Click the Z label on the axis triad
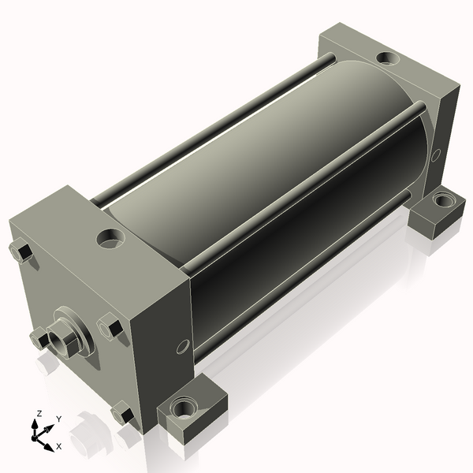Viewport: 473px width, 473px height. point(39,413)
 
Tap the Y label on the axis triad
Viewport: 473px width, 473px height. point(59,419)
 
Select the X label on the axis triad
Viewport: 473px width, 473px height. point(59,446)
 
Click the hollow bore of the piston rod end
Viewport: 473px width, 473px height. point(58,342)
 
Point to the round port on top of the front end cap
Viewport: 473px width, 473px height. point(110,238)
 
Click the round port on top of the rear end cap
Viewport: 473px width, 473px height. point(388,58)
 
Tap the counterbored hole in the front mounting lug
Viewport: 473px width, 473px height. point(182,408)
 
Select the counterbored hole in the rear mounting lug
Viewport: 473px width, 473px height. point(443,199)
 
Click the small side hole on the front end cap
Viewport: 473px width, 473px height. point(183,347)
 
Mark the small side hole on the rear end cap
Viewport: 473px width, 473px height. point(435,155)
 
